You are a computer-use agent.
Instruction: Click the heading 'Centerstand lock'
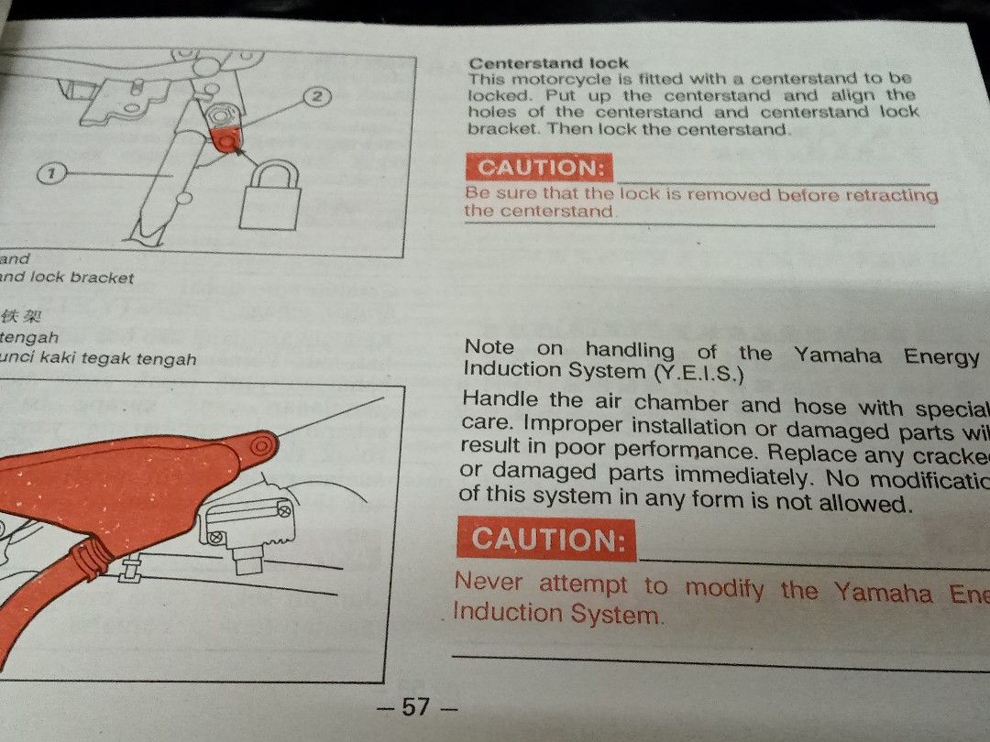(x=548, y=63)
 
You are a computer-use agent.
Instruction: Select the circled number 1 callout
(x=53, y=172)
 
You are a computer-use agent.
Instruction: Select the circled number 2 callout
(x=316, y=96)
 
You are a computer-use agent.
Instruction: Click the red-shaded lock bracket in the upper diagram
(x=225, y=136)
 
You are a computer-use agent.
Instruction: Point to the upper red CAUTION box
(x=538, y=168)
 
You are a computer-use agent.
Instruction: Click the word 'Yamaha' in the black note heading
(x=838, y=355)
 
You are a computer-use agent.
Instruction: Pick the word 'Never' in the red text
(x=489, y=582)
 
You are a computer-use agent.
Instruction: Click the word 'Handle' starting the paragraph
(x=501, y=400)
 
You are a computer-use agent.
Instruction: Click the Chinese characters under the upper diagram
(x=22, y=317)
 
